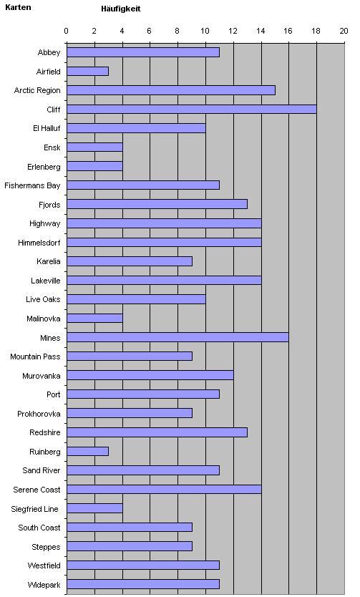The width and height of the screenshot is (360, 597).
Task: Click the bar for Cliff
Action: click(x=191, y=110)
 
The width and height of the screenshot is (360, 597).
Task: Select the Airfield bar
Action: click(x=87, y=71)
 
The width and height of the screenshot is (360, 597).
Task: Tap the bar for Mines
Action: click(x=177, y=337)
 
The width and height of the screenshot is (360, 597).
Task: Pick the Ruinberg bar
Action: click(x=87, y=452)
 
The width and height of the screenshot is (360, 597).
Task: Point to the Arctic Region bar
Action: click(x=171, y=90)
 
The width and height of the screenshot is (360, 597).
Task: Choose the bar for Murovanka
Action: click(x=150, y=375)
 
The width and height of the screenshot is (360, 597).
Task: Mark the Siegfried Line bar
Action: click(x=94, y=508)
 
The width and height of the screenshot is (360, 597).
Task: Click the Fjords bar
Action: click(x=157, y=205)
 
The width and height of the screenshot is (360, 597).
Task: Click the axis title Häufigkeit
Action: click(x=121, y=9)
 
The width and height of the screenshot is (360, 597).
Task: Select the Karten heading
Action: click(x=18, y=7)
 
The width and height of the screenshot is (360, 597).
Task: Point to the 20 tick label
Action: click(x=344, y=31)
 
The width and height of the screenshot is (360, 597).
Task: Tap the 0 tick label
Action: click(x=67, y=31)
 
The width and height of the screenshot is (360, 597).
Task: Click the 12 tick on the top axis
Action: click(x=233, y=31)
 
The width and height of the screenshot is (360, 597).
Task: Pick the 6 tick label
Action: click(x=149, y=31)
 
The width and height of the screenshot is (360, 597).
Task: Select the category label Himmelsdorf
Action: click(x=39, y=243)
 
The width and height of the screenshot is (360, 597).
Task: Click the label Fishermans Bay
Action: click(x=32, y=186)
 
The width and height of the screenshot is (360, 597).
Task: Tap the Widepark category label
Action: click(x=44, y=585)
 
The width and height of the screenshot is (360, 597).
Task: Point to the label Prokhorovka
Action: click(x=39, y=414)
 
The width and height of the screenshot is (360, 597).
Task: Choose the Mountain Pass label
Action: click(x=35, y=356)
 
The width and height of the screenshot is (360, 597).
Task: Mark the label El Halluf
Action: click(x=47, y=128)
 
